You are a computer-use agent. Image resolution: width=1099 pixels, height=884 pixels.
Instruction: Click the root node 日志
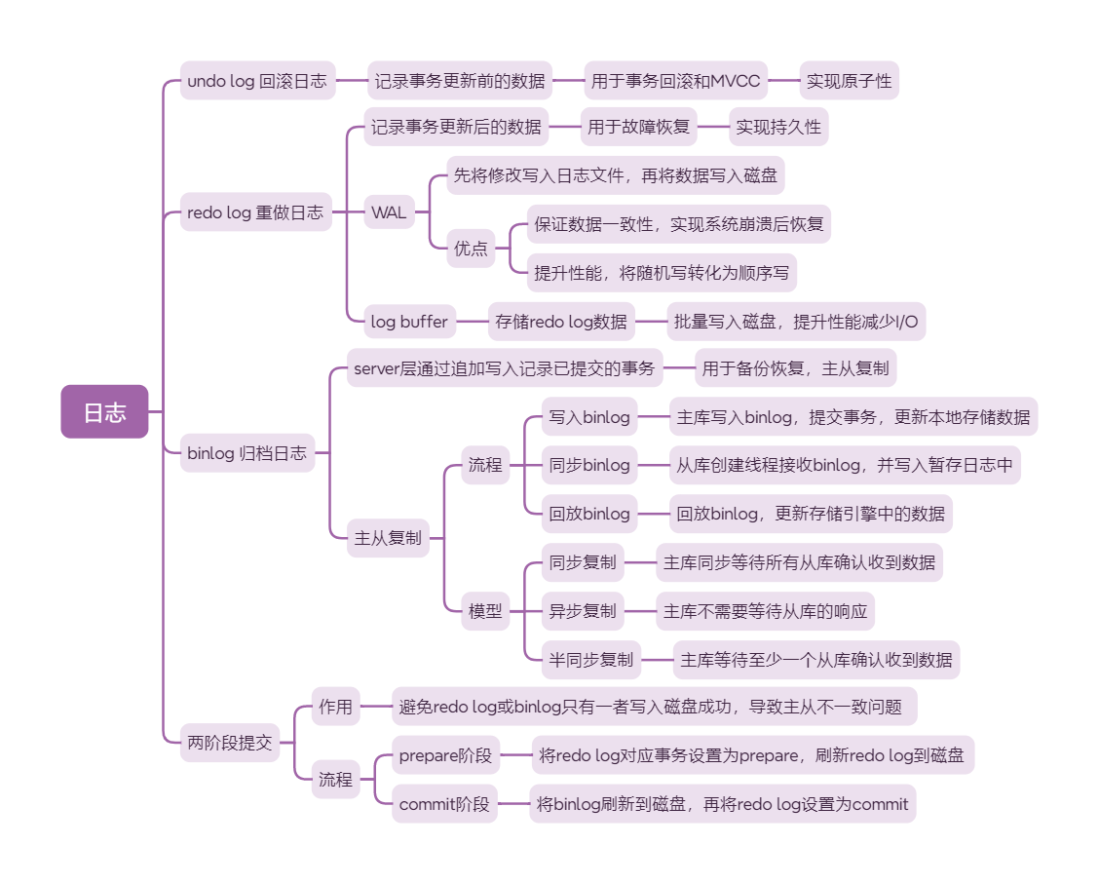[104, 412]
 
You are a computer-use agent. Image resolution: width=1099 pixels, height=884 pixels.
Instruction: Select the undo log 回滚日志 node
[257, 81]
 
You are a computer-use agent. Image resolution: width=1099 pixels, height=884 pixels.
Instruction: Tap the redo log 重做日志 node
[255, 211]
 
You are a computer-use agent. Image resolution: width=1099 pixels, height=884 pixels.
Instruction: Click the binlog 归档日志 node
[247, 452]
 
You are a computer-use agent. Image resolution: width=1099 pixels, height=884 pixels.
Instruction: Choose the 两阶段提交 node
[230, 743]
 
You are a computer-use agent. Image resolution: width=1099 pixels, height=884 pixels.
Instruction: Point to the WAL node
[389, 211]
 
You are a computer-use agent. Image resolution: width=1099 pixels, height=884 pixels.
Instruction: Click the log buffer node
[409, 321]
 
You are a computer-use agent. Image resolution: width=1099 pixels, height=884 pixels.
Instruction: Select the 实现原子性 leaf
[849, 81]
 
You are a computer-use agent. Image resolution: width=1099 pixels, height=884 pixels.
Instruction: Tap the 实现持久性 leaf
[778, 127]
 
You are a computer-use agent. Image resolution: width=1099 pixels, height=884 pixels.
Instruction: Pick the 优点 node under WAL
[471, 248]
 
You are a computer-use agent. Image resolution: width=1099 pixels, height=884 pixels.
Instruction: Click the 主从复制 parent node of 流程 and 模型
[388, 537]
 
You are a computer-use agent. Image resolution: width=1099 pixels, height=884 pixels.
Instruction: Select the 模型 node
[485, 611]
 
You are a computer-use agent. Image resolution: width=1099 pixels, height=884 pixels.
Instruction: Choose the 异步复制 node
[583, 611]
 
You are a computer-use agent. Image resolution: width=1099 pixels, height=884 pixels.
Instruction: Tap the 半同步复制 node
[590, 660]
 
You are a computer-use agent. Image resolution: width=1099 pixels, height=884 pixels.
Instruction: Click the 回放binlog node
[589, 514]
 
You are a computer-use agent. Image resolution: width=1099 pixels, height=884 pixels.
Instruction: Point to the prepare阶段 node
[445, 754]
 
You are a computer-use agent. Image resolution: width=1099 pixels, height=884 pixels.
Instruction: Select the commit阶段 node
[444, 804]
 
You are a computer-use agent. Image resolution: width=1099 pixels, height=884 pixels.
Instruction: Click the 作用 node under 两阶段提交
[335, 707]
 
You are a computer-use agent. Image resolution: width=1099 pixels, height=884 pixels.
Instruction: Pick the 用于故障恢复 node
[639, 127]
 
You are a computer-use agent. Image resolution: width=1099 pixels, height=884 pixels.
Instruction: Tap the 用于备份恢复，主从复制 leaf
[795, 368]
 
